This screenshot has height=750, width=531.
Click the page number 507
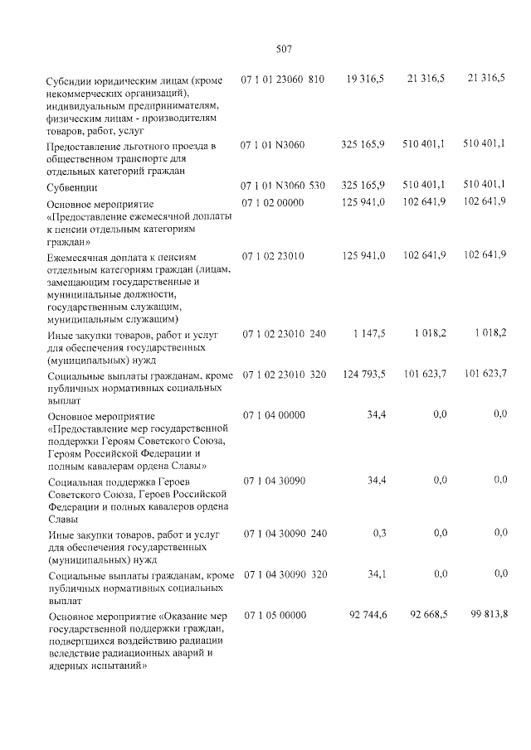pyautogui.click(x=283, y=49)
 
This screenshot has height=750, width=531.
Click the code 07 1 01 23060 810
pyautogui.click(x=282, y=78)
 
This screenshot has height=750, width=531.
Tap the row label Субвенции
pyautogui.click(x=73, y=188)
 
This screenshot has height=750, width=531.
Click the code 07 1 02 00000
pyautogui.click(x=273, y=204)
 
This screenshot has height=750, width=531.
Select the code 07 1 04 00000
pyautogui.click(x=273, y=414)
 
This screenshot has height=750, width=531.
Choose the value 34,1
pyautogui.click(x=376, y=573)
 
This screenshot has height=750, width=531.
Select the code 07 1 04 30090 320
pyautogui.click(x=284, y=574)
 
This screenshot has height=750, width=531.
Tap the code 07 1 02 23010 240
pyautogui.click(x=284, y=334)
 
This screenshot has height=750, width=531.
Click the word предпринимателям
pyautogui.click(x=172, y=105)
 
